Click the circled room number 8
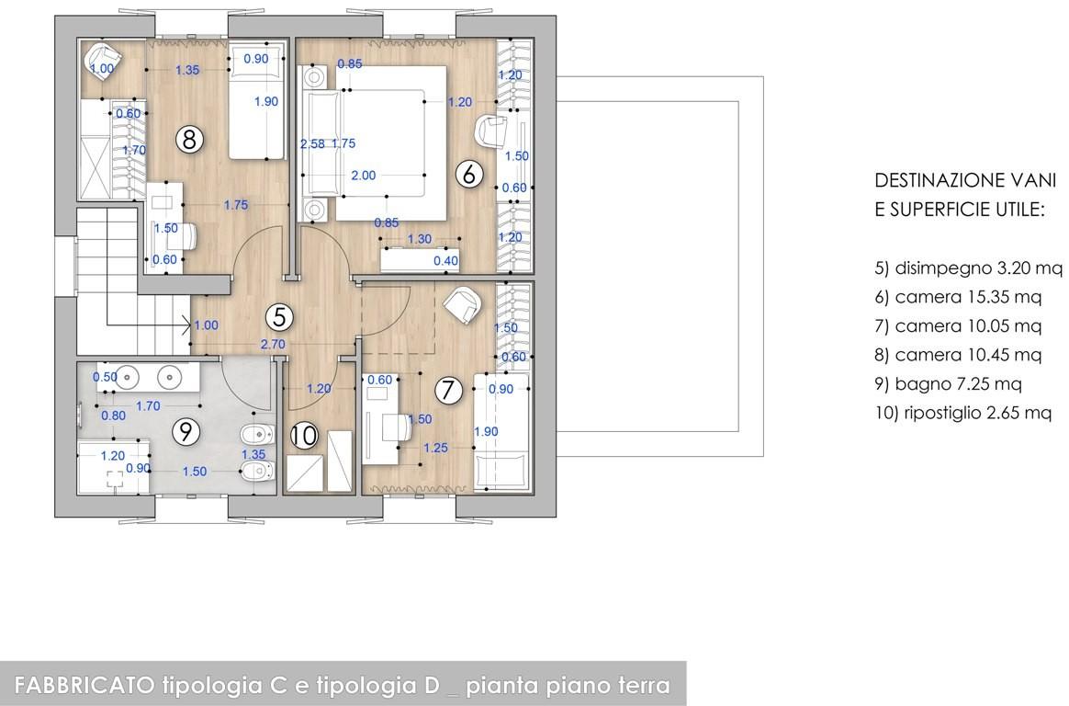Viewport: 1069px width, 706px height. click(x=189, y=139)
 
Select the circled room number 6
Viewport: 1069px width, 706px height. click(x=468, y=174)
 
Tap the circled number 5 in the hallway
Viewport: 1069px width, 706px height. click(x=279, y=316)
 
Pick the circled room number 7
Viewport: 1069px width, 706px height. click(x=448, y=390)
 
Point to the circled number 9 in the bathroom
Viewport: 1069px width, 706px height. click(x=186, y=431)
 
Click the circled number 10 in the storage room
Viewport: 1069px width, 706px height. click(x=304, y=435)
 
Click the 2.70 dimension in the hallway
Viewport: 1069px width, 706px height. click(x=273, y=345)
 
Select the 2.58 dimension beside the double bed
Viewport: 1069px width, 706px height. click(x=312, y=144)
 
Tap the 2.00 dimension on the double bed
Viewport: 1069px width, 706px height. click(x=364, y=176)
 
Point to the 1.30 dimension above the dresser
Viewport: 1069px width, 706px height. click(x=420, y=239)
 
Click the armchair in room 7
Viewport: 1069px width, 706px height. click(x=463, y=305)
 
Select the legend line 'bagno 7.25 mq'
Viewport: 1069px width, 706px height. click(x=948, y=384)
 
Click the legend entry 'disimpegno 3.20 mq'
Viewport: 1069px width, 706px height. click(x=968, y=268)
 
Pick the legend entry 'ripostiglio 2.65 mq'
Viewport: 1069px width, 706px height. click(x=962, y=413)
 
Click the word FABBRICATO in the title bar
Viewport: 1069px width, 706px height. click(x=85, y=684)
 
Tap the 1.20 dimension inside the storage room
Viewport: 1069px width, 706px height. click(x=319, y=389)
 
